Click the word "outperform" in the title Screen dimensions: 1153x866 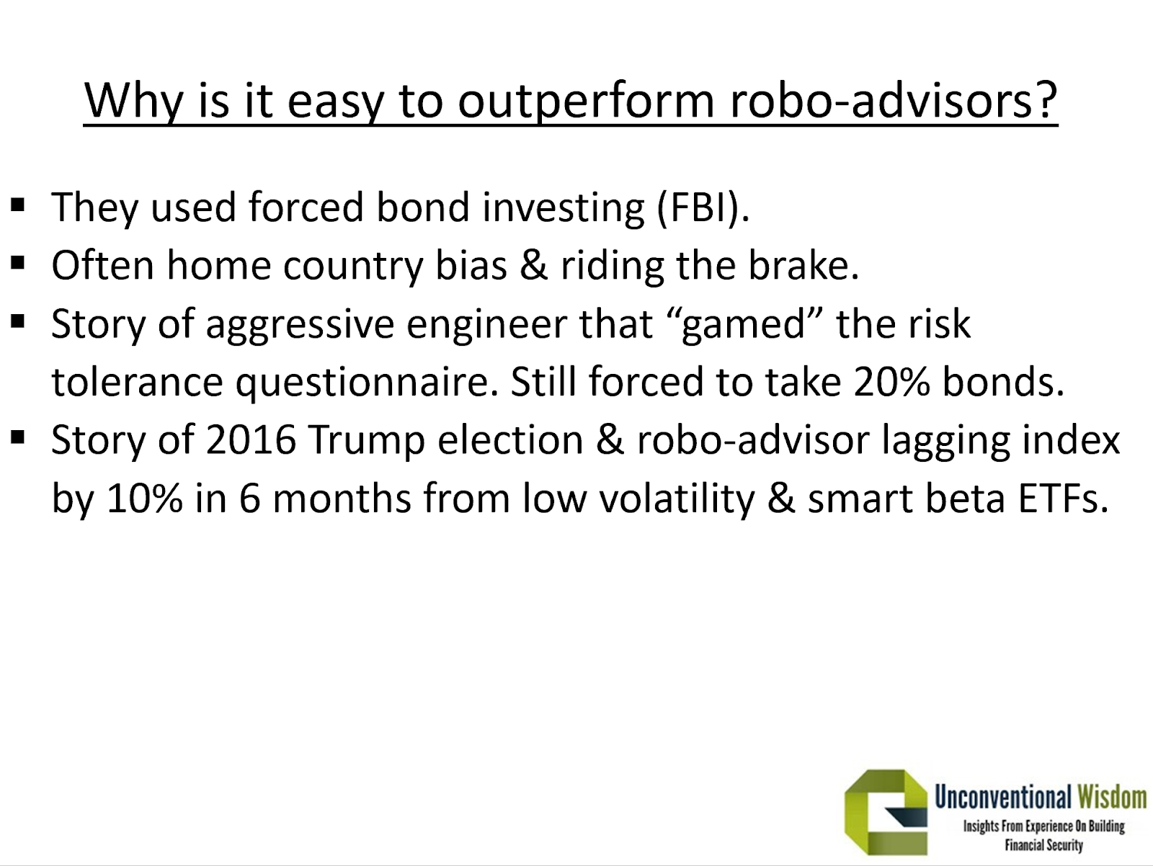(586, 100)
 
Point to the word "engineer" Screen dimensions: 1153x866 (486, 324)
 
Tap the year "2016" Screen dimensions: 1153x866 (251, 440)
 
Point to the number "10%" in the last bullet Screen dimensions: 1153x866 (144, 499)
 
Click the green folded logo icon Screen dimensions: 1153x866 (886, 813)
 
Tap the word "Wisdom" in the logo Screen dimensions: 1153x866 (1112, 798)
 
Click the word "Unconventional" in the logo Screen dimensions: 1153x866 (1003, 798)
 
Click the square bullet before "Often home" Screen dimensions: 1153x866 (18, 262)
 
